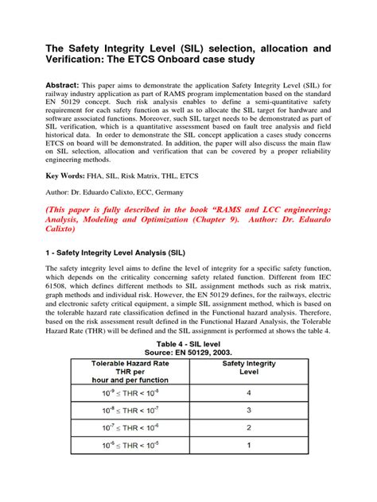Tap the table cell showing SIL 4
point(248,393)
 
